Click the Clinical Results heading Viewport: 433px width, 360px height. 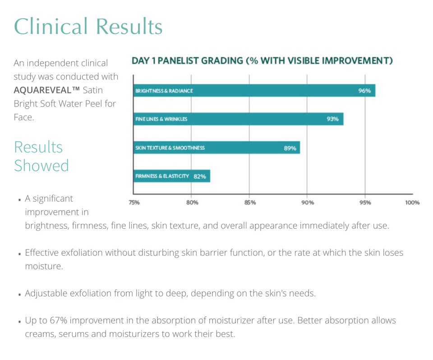[x=88, y=26]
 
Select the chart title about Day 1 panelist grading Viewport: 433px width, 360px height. [x=262, y=60]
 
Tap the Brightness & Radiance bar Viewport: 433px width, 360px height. [x=254, y=90]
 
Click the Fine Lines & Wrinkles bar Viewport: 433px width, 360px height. [x=238, y=119]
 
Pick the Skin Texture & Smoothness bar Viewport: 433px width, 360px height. [x=217, y=148]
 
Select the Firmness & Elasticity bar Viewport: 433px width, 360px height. [x=172, y=176]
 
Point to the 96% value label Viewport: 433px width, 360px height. [x=364, y=91]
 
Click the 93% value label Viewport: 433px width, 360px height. [x=332, y=119]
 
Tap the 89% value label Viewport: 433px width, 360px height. [x=290, y=148]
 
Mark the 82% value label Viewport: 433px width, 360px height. [x=200, y=176]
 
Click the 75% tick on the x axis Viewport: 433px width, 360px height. [x=134, y=203]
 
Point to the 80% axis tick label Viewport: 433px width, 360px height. [x=192, y=203]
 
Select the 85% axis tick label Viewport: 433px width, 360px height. [x=250, y=203]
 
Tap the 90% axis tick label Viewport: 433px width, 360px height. [x=308, y=203]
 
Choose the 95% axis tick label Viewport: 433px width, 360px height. [x=365, y=203]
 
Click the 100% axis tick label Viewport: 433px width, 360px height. [x=412, y=203]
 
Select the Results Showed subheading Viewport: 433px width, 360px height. [x=41, y=156]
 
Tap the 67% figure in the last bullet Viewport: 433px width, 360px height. [x=59, y=320]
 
